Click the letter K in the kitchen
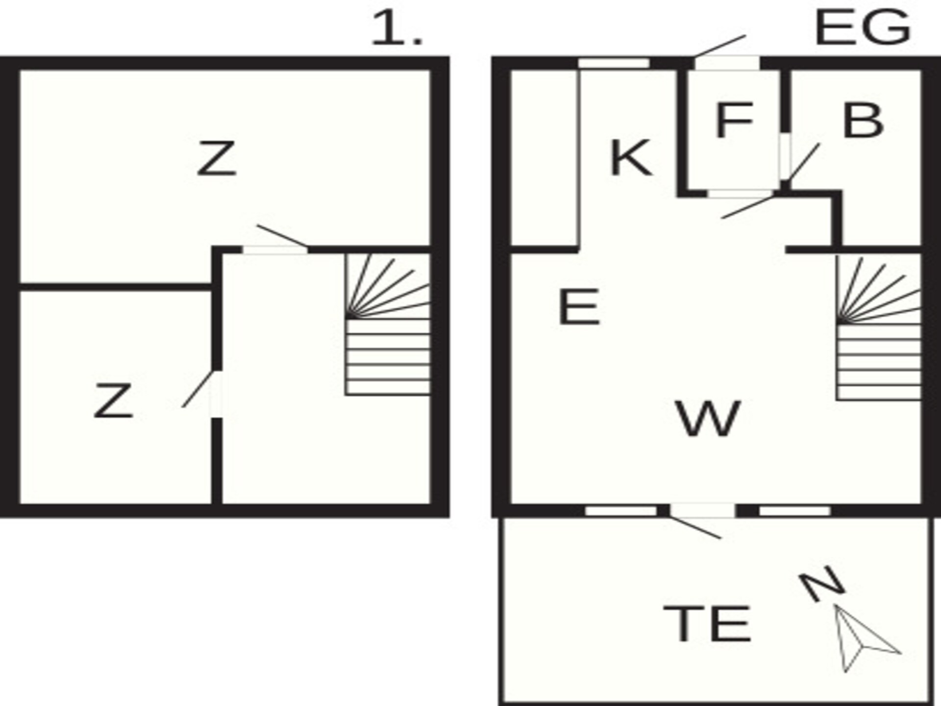(631, 157)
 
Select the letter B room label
(863, 120)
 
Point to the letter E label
(579, 307)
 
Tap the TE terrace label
(707, 623)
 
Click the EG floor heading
(863, 27)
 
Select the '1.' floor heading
(396, 28)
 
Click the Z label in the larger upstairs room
(216, 158)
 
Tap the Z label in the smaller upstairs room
(113, 401)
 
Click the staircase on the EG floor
(878, 328)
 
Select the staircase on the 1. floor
(388, 324)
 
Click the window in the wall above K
(614, 63)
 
